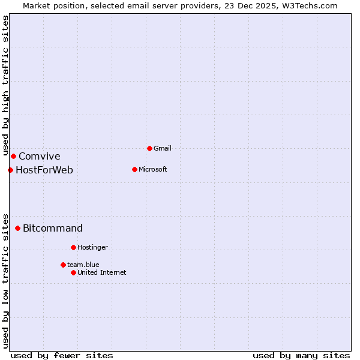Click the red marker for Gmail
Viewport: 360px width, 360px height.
[149, 148]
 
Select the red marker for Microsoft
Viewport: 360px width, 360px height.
[134, 169]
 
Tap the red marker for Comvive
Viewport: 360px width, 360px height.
[13, 157]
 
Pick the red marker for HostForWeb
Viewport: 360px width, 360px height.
[10, 170]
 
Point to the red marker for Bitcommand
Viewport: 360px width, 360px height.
[18, 228]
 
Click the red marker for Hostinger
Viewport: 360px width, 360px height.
[73, 247]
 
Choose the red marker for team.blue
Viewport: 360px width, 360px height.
[63, 265]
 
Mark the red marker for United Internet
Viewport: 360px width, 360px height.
[73, 272]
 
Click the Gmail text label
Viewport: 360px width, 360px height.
[163, 148]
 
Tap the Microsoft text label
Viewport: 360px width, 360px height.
[152, 169]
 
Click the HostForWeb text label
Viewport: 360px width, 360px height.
[44, 170]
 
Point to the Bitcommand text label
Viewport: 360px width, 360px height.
[53, 228]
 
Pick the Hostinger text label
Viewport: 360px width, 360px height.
[92, 247]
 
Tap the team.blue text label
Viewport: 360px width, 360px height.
[83, 265]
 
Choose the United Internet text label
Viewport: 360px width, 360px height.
[101, 272]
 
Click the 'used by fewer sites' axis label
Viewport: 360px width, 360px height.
[62, 355]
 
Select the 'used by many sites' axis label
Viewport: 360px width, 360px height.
[301, 355]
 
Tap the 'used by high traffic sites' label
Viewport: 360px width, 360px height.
[5, 85]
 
